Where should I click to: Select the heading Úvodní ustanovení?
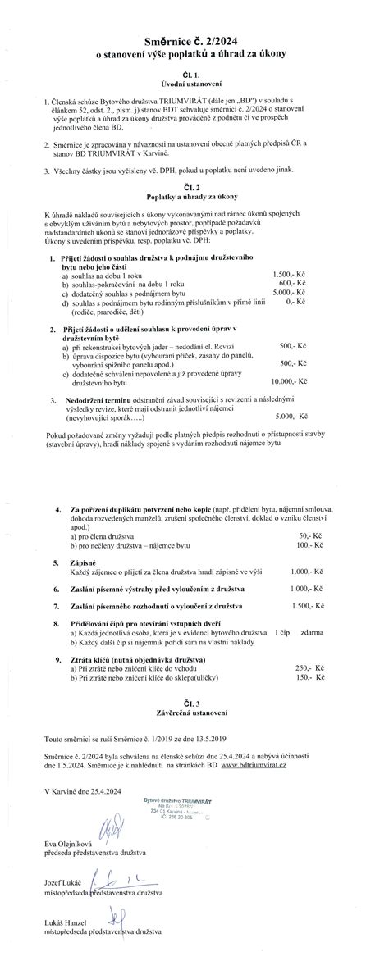193,84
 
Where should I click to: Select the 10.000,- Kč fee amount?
288,381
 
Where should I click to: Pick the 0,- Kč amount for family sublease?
296,302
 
